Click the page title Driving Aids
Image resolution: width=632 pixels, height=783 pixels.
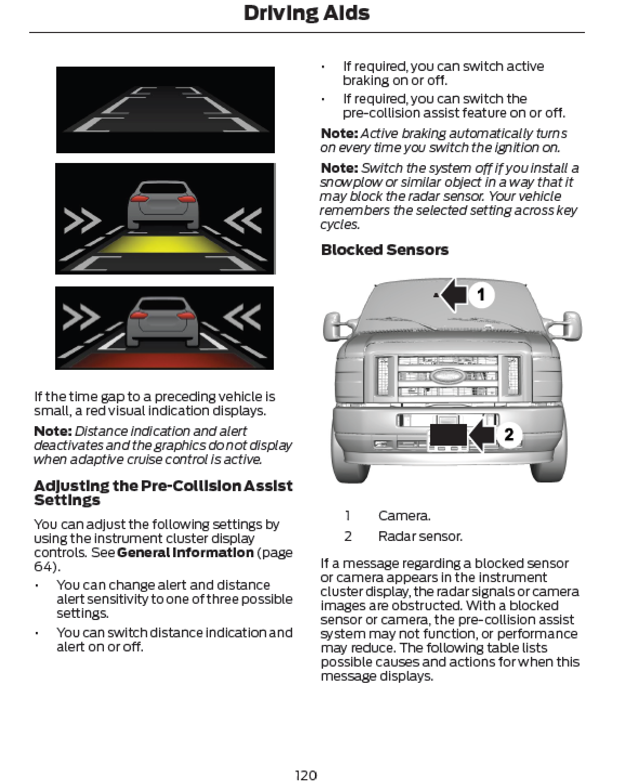306,13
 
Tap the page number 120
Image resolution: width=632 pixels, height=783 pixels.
306,775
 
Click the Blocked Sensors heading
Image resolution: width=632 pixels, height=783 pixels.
384,250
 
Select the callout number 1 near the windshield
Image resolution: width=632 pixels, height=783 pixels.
480,295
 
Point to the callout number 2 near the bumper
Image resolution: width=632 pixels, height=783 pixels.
509,434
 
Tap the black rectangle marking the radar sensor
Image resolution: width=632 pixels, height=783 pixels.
448,436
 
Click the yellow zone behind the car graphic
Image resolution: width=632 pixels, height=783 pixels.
164,245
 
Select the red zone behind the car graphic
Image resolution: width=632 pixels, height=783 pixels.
164,360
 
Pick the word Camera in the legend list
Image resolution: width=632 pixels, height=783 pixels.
404,516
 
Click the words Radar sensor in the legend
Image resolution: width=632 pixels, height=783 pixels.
420,536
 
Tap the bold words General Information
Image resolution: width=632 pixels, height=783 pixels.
185,552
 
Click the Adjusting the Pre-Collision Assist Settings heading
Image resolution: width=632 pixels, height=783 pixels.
163,492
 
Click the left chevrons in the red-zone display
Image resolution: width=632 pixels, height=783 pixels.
82,318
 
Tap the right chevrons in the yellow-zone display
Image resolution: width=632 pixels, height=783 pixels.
243,221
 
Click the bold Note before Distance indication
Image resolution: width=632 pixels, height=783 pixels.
52,431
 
